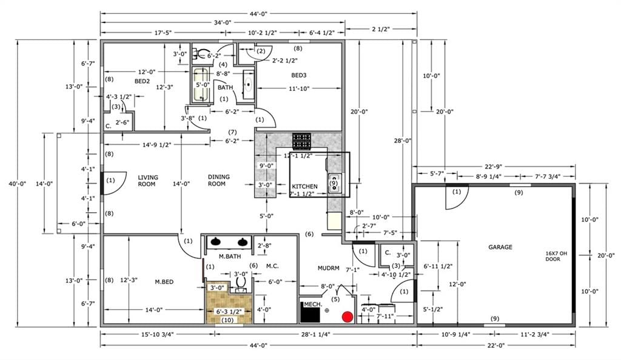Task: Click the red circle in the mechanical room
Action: point(347,317)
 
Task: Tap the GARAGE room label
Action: point(500,247)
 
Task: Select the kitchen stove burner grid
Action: point(302,140)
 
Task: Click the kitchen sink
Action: point(335,183)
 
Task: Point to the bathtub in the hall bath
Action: point(201,84)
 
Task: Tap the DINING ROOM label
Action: point(218,181)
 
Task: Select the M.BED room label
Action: point(164,282)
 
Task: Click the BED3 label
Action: point(298,75)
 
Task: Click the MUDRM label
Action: point(328,268)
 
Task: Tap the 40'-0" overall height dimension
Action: point(16,184)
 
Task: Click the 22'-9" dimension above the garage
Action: point(494,167)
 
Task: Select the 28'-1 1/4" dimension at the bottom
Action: point(315,335)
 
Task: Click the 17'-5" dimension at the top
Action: point(163,33)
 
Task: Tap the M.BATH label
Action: point(230,256)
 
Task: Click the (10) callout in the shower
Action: point(227,320)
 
